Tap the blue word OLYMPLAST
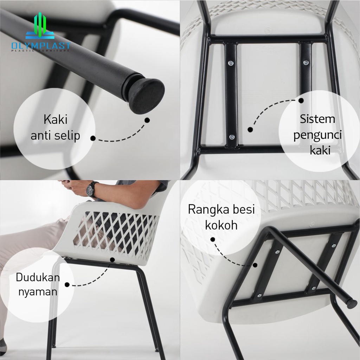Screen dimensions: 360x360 (41, 46)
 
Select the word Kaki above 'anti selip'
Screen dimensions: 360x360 (55, 120)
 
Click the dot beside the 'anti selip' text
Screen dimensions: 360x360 (93, 138)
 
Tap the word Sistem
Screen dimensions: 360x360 (317, 119)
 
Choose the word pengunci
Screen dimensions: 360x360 (317, 135)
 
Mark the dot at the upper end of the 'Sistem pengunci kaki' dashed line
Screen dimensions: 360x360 (301, 101)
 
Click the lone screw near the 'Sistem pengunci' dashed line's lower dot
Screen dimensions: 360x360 (232, 137)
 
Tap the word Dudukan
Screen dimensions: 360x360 (38, 277)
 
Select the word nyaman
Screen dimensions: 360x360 (38, 292)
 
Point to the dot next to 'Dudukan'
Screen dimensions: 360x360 (67, 285)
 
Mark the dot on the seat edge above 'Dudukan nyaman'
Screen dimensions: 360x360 (112, 260)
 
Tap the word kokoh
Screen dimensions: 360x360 (221, 225)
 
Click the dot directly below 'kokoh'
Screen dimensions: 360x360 (213, 239)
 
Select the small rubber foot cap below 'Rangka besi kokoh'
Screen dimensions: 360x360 (352, 303)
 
